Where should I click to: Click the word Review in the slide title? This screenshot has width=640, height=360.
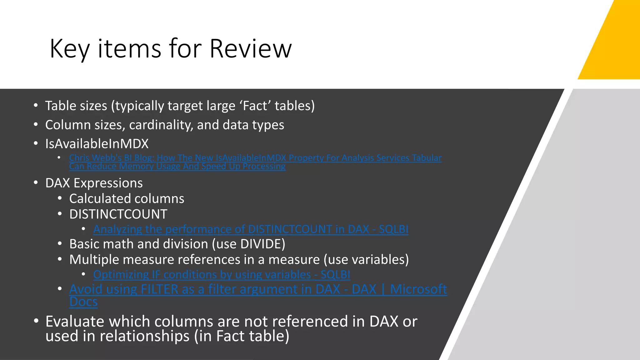[x=250, y=48]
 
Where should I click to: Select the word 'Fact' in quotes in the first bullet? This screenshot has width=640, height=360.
[x=255, y=106]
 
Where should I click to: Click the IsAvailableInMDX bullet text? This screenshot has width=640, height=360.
[x=97, y=144]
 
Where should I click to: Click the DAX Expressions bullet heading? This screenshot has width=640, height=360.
[x=94, y=183]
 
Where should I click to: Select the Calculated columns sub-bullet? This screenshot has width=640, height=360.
[x=127, y=199]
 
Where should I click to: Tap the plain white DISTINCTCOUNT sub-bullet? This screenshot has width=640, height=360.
[x=118, y=214]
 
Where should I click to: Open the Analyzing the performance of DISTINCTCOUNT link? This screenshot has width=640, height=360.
[x=251, y=229]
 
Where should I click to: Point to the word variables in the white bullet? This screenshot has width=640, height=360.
[x=378, y=260]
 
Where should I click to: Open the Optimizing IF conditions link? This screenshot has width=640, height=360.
[x=222, y=275]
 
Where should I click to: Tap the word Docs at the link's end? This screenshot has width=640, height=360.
[x=83, y=302]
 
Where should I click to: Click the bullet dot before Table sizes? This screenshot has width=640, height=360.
[x=36, y=106]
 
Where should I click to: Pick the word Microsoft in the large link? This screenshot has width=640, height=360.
[x=418, y=289]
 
